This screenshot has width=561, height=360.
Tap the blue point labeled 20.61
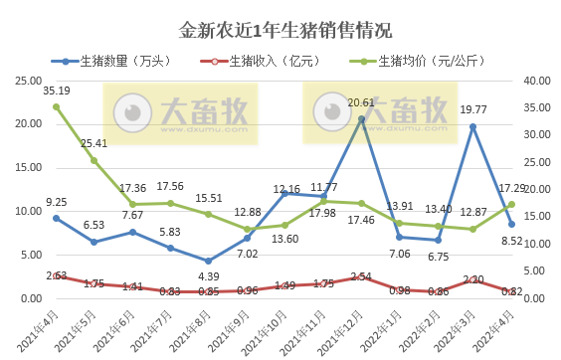[362, 119]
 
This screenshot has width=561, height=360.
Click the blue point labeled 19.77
[473, 126]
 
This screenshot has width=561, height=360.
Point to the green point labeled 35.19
[56, 106]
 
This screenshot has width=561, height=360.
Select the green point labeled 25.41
[93, 160]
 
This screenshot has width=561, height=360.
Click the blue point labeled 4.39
[209, 261]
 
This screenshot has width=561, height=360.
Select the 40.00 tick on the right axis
[538, 81]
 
